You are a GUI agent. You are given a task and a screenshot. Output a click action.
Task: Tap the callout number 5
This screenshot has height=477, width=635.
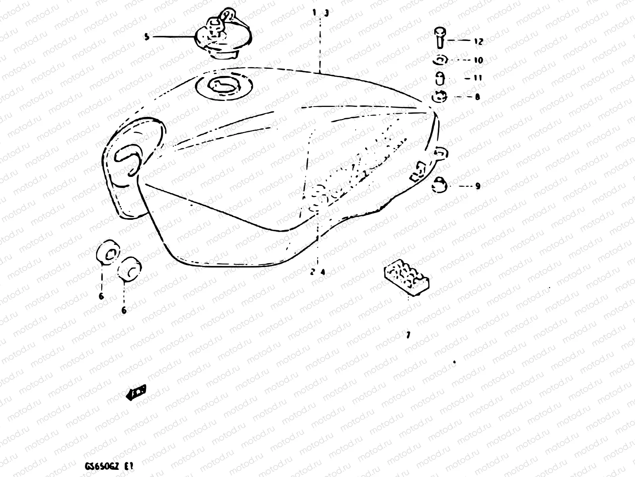pos(147,37)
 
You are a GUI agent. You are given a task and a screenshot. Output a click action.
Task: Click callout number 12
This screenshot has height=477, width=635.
pos(478,41)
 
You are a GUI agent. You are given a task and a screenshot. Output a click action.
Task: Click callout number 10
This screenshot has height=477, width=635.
pos(478,60)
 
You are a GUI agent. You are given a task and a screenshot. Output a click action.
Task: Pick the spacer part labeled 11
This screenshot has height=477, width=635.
pos(439,78)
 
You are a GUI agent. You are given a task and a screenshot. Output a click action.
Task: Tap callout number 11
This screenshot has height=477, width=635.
pos(478,78)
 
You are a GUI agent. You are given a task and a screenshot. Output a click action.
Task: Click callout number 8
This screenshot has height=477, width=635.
pos(477,97)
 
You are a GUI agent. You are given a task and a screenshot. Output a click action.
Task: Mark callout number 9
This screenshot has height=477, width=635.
pos(477,186)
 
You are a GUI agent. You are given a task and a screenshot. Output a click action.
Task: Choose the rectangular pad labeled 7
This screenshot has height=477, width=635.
pos(407,277)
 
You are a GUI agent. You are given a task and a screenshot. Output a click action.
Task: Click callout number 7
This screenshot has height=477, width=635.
pos(408,335)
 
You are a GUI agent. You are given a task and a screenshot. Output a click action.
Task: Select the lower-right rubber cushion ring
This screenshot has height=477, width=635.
pos(130,268)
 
